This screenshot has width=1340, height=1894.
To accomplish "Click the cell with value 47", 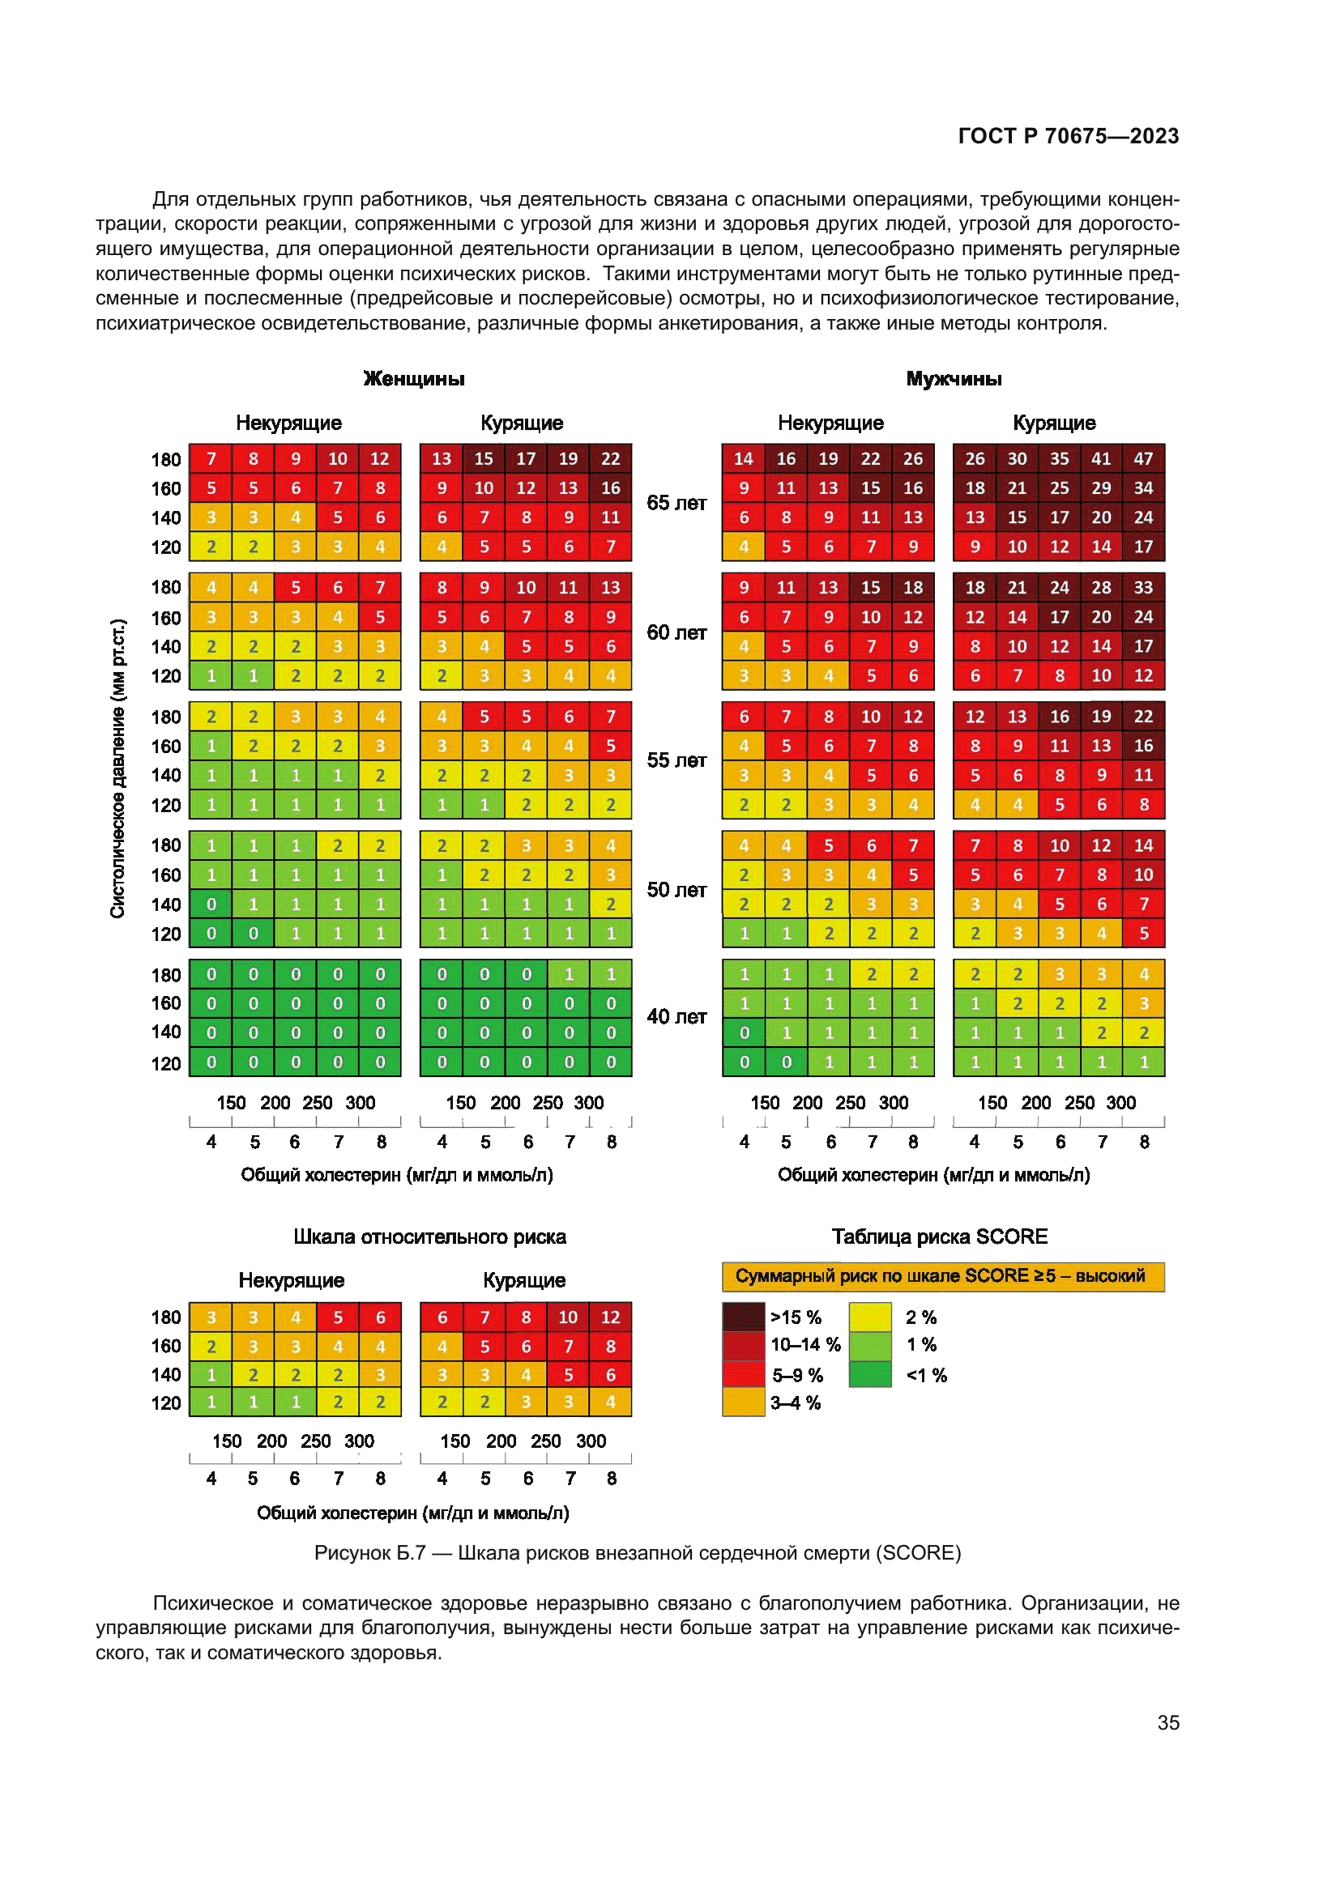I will [1143, 458].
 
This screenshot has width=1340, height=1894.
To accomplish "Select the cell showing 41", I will [1101, 458].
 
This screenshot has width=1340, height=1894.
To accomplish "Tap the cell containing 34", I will [1143, 487].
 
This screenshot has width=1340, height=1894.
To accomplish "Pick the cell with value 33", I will [1143, 587].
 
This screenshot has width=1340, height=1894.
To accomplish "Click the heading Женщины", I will [414, 379].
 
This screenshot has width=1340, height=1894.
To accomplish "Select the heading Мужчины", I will [954, 379].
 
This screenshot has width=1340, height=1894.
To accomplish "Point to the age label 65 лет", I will [676, 503].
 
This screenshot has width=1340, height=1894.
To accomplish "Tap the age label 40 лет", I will [676, 1016].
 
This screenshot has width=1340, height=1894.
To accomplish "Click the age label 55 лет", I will [676, 760].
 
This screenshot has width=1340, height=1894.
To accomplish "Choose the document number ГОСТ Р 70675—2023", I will [1068, 136].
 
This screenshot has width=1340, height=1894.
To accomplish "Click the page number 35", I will [1167, 1722].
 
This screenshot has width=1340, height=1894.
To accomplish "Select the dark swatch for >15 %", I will [744, 1317].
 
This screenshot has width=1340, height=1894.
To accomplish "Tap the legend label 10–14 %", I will [804, 1345].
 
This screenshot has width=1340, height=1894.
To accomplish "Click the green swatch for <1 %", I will [869, 1374].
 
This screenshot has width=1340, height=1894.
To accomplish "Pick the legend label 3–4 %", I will [796, 1402].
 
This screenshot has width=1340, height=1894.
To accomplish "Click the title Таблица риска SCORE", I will [939, 1236].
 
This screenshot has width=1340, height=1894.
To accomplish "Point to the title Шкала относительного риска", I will [429, 1236].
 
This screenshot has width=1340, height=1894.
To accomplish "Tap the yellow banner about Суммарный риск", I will [942, 1276].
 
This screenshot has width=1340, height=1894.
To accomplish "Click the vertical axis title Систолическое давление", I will [118, 767].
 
